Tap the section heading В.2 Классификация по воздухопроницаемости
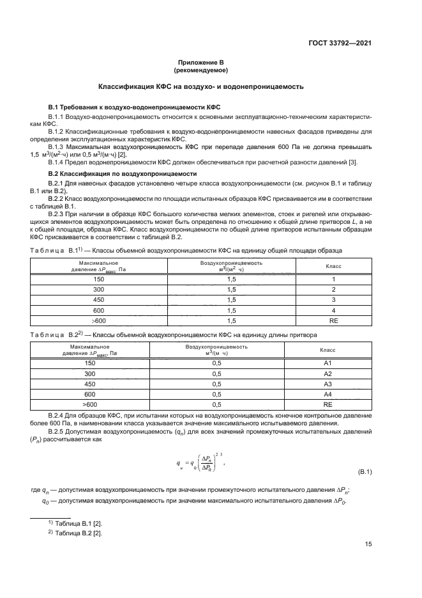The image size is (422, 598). tap(123, 173)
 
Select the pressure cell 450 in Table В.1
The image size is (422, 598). tap(98, 299)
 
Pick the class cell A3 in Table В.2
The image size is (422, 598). tap(328, 384)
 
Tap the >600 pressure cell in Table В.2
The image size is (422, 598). tap(90, 404)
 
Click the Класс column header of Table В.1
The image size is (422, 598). tap(333, 266)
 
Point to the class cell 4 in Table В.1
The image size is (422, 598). tap(333, 309)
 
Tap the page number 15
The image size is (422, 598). tap(368, 544)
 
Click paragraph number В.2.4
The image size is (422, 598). tap(59, 415)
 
